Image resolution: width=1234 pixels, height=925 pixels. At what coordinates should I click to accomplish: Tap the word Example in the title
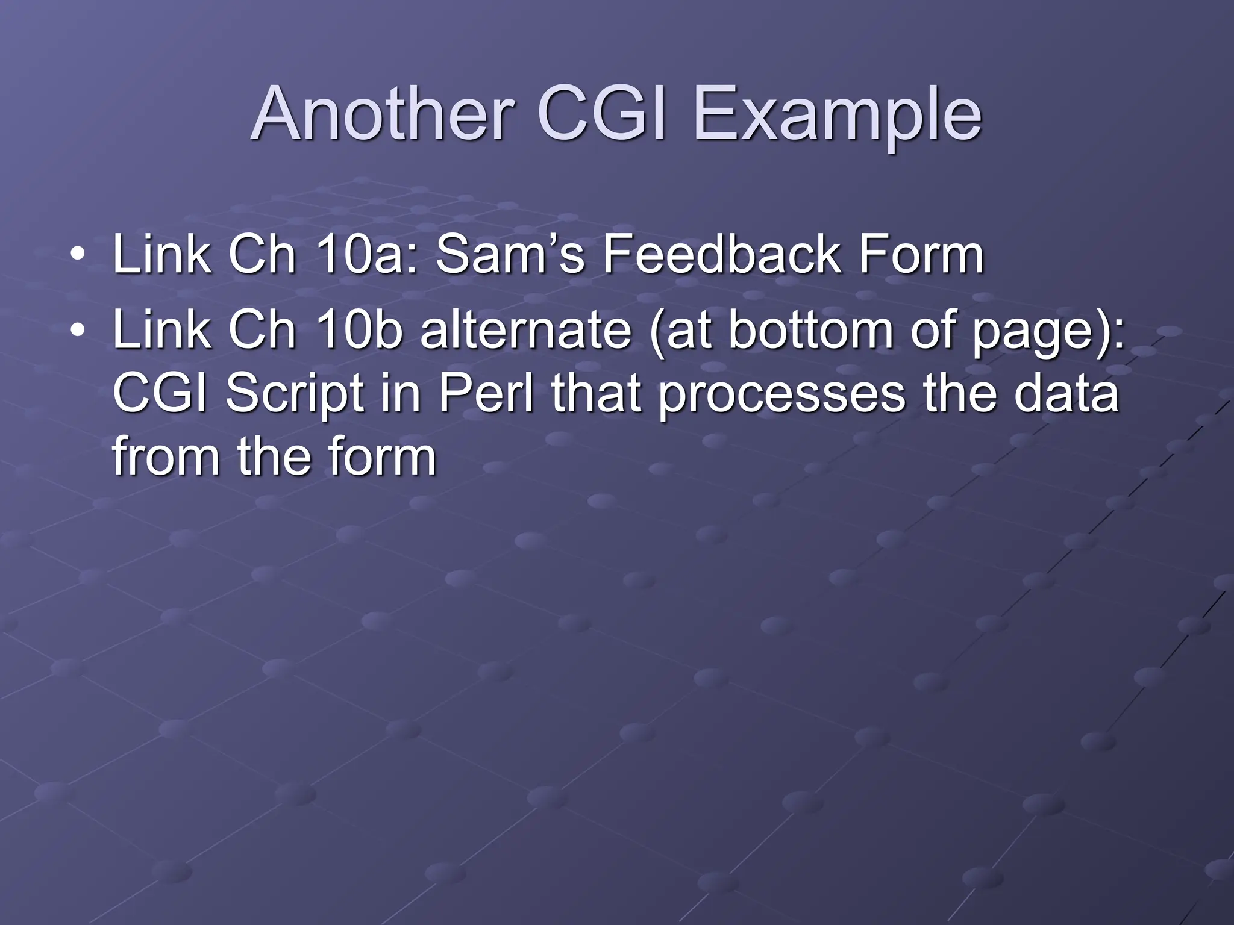click(838, 114)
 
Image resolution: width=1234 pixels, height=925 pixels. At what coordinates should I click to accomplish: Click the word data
click(1066, 394)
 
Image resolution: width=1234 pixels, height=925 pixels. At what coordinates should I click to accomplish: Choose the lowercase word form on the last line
click(374, 456)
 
